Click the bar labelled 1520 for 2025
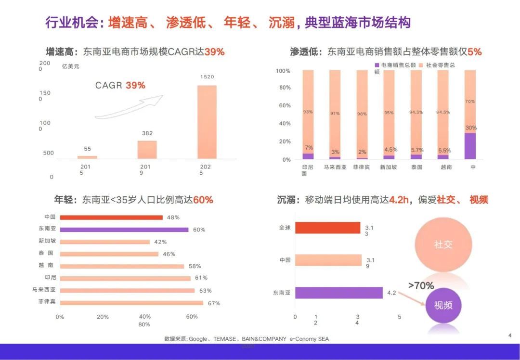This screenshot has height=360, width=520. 207,122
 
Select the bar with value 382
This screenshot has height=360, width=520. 147,149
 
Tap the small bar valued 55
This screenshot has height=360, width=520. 87,157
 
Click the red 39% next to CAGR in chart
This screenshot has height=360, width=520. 135,85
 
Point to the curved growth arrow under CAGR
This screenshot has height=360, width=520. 129,107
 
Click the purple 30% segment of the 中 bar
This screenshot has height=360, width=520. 470,146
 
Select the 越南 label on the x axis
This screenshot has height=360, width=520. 446,167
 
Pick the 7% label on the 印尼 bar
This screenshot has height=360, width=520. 308,147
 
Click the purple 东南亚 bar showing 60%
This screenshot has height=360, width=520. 124,230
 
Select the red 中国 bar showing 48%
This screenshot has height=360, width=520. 111,217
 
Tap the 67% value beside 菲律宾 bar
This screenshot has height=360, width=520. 214,303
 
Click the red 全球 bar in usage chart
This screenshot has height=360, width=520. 327,228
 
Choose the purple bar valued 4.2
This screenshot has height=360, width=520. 338,292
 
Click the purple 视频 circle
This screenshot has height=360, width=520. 443,305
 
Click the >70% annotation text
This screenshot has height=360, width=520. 421,285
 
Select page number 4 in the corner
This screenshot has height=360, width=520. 509,335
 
